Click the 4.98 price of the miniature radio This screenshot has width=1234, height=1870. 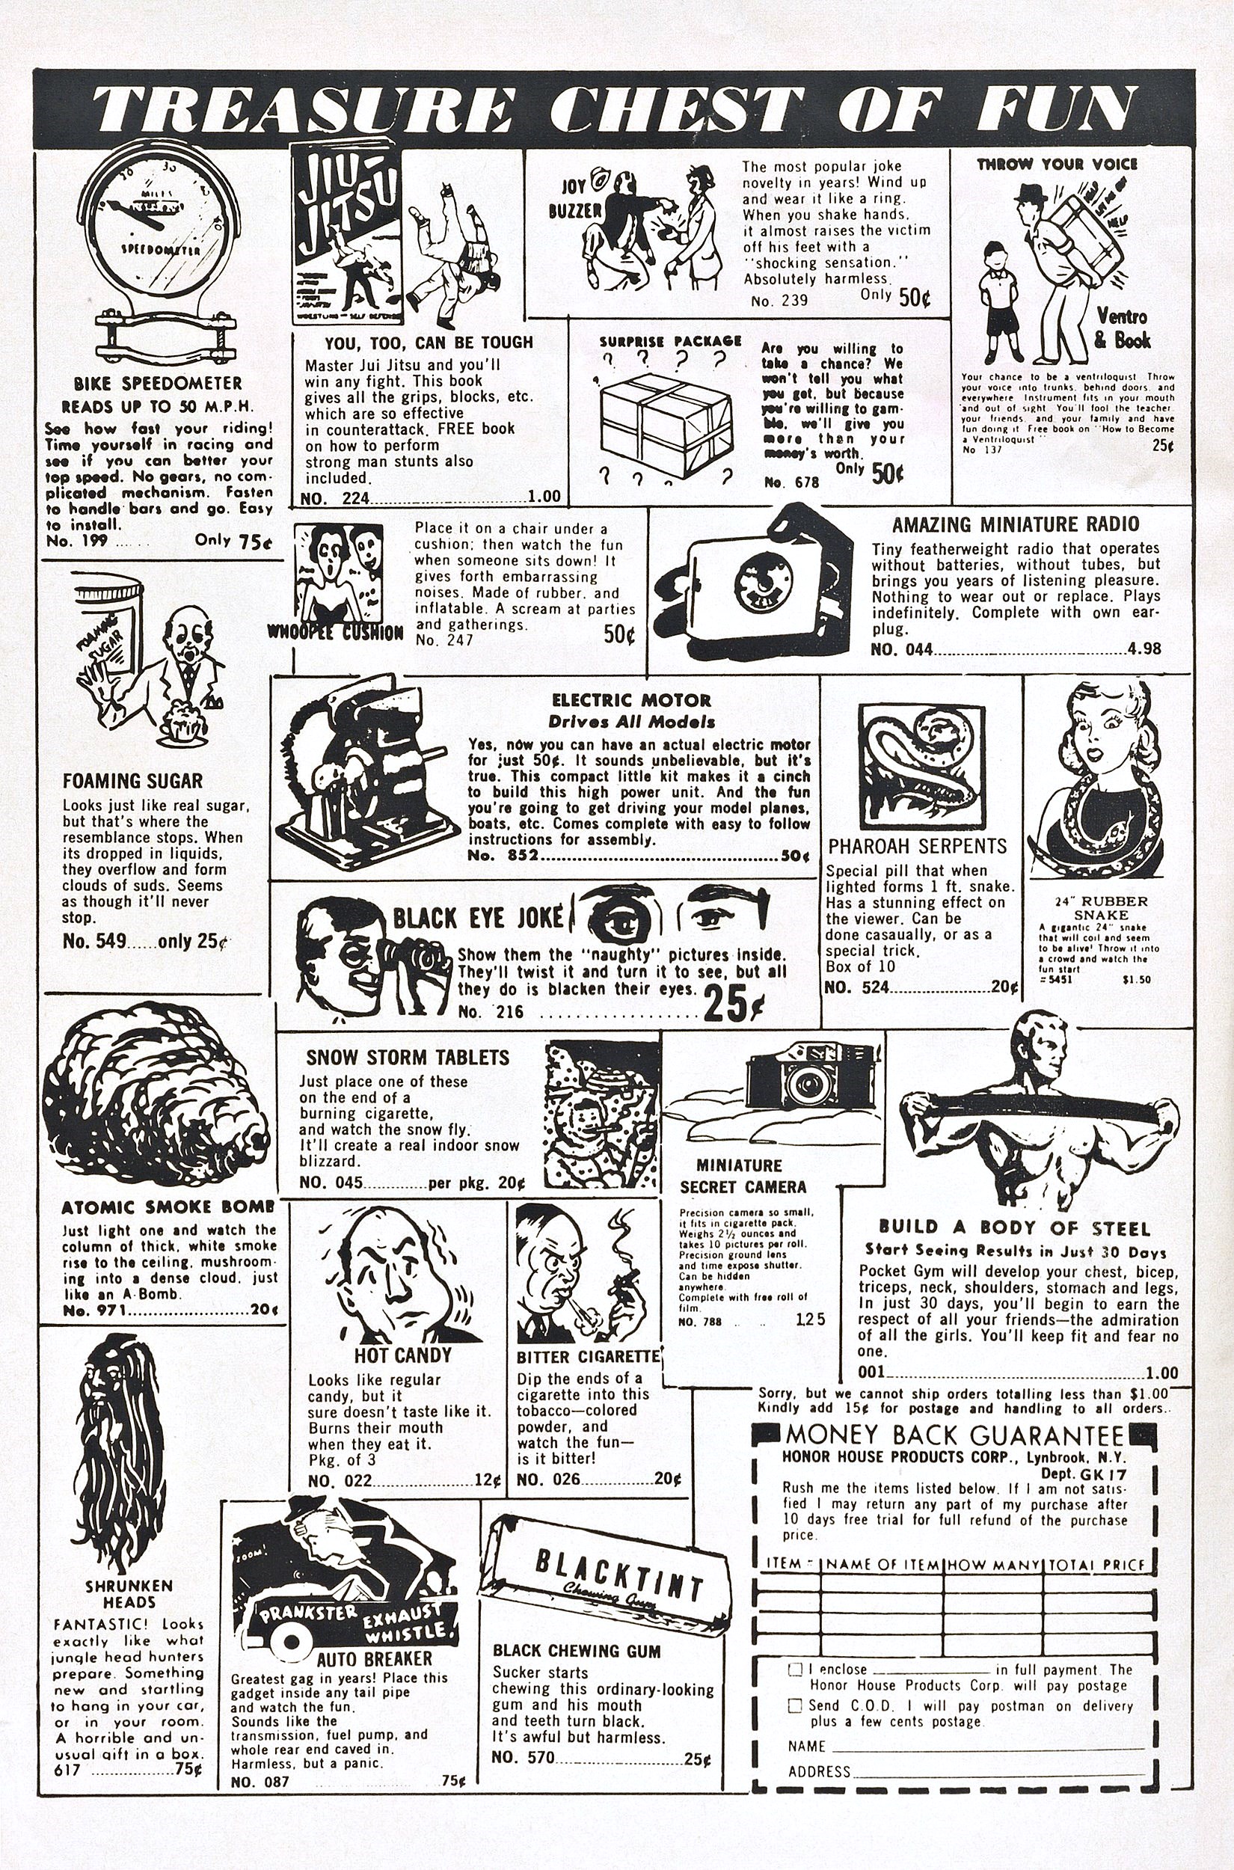(x=1144, y=649)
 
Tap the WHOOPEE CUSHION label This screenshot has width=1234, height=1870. (x=335, y=633)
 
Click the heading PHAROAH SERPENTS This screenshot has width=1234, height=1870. (x=917, y=846)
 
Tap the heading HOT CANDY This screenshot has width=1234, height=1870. (x=402, y=1355)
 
